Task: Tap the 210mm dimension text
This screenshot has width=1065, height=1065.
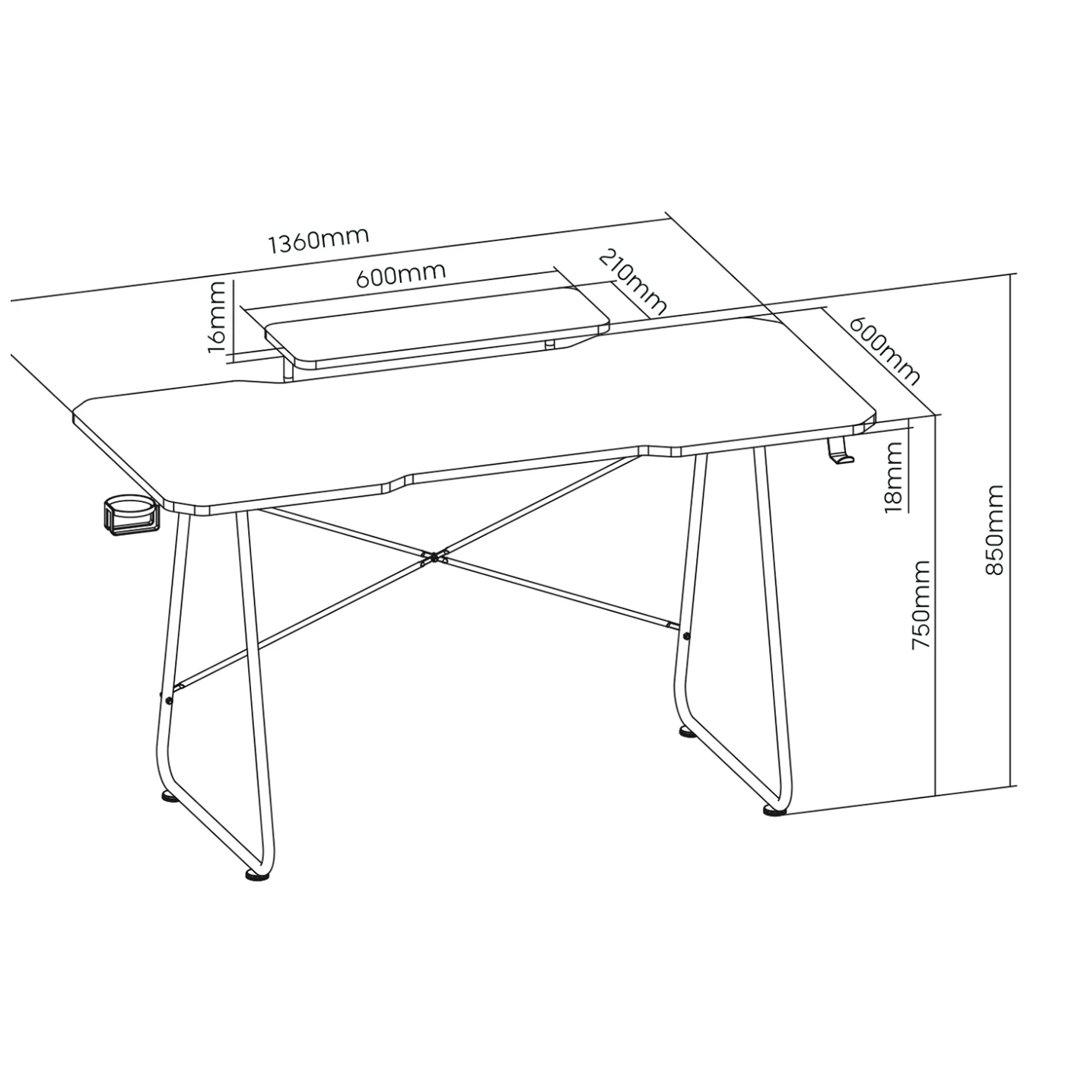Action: tap(633, 282)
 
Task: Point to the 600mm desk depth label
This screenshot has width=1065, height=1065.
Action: tap(884, 351)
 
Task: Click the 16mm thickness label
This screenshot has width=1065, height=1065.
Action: tap(217, 316)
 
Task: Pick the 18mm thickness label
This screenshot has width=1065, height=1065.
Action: tap(894, 477)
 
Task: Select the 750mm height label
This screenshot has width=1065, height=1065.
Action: tap(920, 605)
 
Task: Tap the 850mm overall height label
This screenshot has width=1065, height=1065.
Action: tap(994, 530)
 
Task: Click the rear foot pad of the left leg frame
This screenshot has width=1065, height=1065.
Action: tap(170, 797)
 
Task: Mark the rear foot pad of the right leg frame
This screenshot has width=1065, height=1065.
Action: tap(688, 733)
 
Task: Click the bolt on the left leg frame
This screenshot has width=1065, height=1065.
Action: tap(169, 701)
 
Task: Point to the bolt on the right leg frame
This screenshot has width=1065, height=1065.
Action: tap(687, 635)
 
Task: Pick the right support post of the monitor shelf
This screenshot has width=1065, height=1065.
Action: tap(549, 345)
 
